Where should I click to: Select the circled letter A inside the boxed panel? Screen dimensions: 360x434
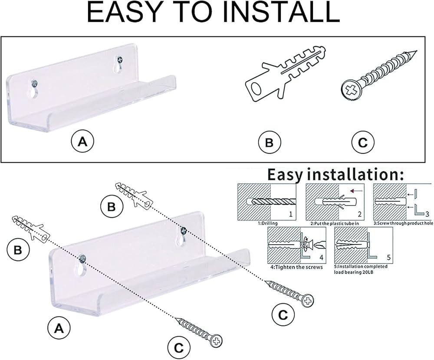[x=83, y=141]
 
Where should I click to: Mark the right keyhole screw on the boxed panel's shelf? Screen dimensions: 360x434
[x=119, y=59]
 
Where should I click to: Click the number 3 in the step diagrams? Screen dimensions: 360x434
[x=427, y=214]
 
